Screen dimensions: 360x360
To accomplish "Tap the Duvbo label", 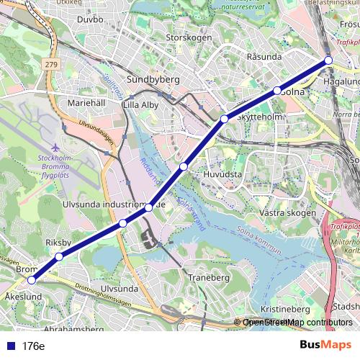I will (90, 19).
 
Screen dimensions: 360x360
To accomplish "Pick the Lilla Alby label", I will (140, 104).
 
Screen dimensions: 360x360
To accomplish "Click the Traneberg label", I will (207, 276).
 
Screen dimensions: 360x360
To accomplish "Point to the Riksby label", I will (58, 243).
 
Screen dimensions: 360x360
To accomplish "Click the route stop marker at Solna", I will (276, 91).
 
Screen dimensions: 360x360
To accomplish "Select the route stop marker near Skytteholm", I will (225, 118).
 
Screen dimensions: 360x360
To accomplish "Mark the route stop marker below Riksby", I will (59, 256).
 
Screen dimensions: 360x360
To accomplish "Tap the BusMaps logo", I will (325, 345).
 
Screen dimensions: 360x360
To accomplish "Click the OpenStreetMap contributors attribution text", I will (297, 323).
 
